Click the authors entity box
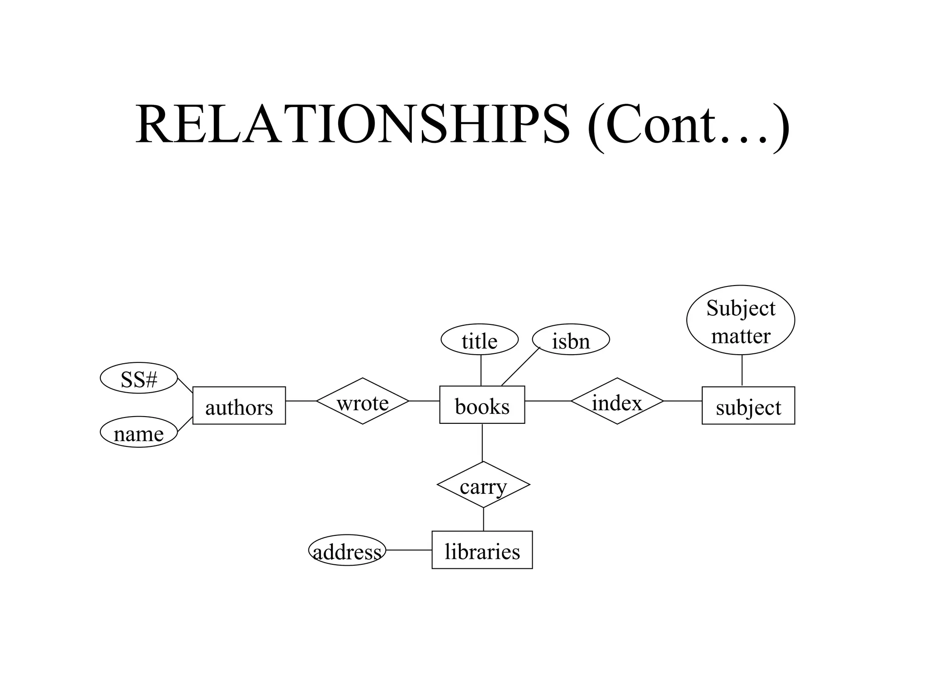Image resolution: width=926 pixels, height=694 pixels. pyautogui.click(x=239, y=405)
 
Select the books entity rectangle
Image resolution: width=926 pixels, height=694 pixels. pyautogui.click(x=482, y=405)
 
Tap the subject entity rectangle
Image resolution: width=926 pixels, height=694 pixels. pyautogui.click(x=748, y=405)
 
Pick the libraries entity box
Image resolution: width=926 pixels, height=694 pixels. pyautogui.click(x=482, y=550)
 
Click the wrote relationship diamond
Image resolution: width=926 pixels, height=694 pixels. pyautogui.click(x=363, y=401)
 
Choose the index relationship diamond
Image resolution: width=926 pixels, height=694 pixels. pyautogui.click(x=617, y=401)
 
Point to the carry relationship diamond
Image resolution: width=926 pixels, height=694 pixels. pyautogui.click(x=483, y=485)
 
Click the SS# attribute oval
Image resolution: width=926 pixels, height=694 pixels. pyautogui.click(x=139, y=378)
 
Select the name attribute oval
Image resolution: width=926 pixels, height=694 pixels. pyautogui.click(x=139, y=432)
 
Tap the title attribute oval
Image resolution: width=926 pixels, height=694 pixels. pyautogui.click(x=479, y=340)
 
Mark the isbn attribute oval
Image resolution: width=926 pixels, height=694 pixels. pyautogui.click(x=571, y=340)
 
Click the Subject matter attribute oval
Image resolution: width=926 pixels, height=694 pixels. pyautogui.click(x=741, y=320)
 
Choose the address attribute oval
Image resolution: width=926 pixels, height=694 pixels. pyautogui.click(x=347, y=550)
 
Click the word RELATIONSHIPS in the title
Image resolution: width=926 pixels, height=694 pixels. pyautogui.click(x=353, y=124)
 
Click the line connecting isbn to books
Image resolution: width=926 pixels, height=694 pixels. pyautogui.click(x=520, y=366)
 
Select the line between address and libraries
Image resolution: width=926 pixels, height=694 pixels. pyautogui.click(x=409, y=550)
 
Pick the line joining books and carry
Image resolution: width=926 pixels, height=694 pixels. pyautogui.click(x=482, y=442)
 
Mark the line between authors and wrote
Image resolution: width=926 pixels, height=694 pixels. pyautogui.click(x=301, y=401)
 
